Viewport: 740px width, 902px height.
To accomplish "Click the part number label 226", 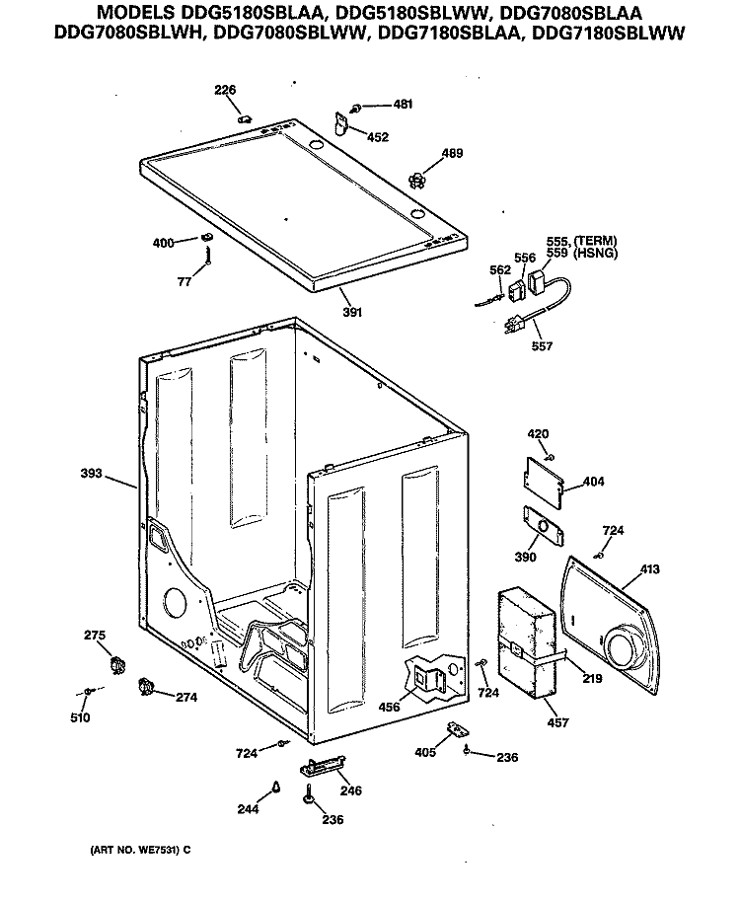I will [226, 91].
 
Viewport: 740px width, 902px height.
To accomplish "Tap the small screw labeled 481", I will [355, 105].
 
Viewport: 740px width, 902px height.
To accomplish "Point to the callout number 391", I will [352, 312].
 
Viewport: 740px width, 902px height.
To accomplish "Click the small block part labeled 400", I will [206, 238].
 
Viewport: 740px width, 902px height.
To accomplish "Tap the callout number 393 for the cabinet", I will [92, 473].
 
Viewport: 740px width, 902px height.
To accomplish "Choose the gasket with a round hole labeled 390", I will [541, 527].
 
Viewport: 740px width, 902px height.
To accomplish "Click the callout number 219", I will [591, 678].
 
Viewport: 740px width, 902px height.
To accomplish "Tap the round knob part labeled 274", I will [148, 688].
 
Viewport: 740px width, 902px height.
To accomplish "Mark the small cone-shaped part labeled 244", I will [277, 787].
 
